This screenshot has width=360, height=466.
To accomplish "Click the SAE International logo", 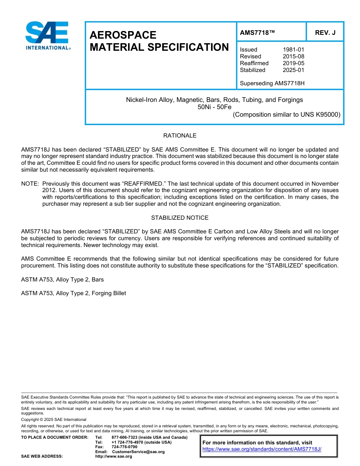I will point(47,36).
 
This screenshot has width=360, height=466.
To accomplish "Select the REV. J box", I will point(325,33).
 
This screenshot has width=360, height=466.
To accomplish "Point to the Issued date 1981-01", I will point(293,50).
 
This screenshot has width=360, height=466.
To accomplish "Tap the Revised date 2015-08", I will point(293,56).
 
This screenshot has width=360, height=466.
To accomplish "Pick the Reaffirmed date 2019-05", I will point(293,63).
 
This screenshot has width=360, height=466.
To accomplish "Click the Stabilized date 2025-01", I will point(293,70).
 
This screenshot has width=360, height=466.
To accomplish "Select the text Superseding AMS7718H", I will point(272,83).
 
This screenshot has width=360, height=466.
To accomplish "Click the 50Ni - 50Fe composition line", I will point(214,107).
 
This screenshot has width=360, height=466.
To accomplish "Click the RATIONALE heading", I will point(180,136).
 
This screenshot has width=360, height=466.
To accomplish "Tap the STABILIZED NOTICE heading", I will point(180,218).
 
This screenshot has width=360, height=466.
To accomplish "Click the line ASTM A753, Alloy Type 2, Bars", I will point(63,280).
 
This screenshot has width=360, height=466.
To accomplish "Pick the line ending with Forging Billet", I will point(74,293).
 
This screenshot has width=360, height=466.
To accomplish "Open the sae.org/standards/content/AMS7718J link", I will point(261,449).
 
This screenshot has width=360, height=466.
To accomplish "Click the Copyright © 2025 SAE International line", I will point(54,420).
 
